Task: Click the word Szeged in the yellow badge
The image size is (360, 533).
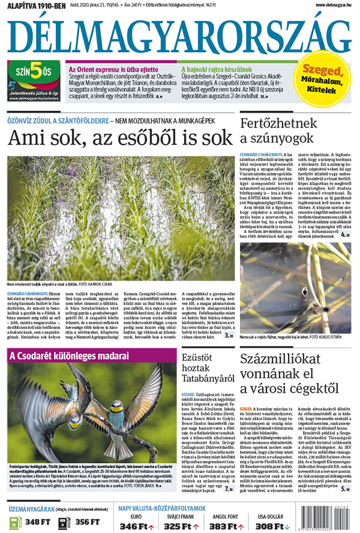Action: point(323,71)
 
